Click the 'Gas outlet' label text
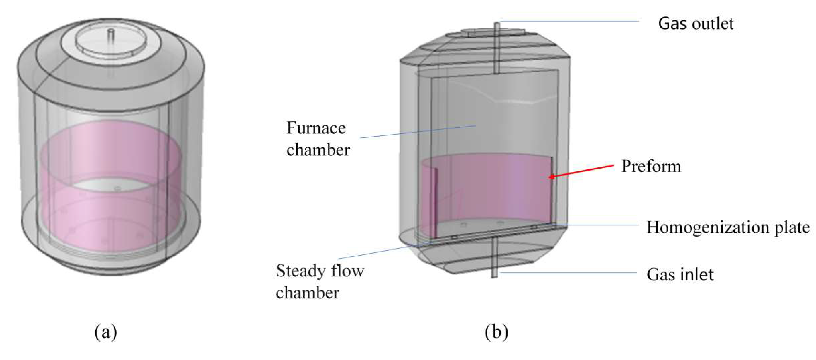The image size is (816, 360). pyautogui.click(x=696, y=24)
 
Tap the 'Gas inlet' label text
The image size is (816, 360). pyautogui.click(x=680, y=274)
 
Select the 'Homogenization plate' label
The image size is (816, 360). pyautogui.click(x=728, y=227)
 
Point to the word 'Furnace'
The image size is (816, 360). pyautogui.click(x=316, y=128)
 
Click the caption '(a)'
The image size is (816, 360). pyautogui.click(x=106, y=332)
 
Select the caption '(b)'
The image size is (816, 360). pyautogui.click(x=496, y=332)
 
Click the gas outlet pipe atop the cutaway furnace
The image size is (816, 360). pyautogui.click(x=497, y=47)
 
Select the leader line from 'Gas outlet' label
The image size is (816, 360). pyautogui.click(x=570, y=21)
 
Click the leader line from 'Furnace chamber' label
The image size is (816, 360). pyautogui.click(x=418, y=132)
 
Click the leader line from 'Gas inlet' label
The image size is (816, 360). pyautogui.click(x=570, y=272)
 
